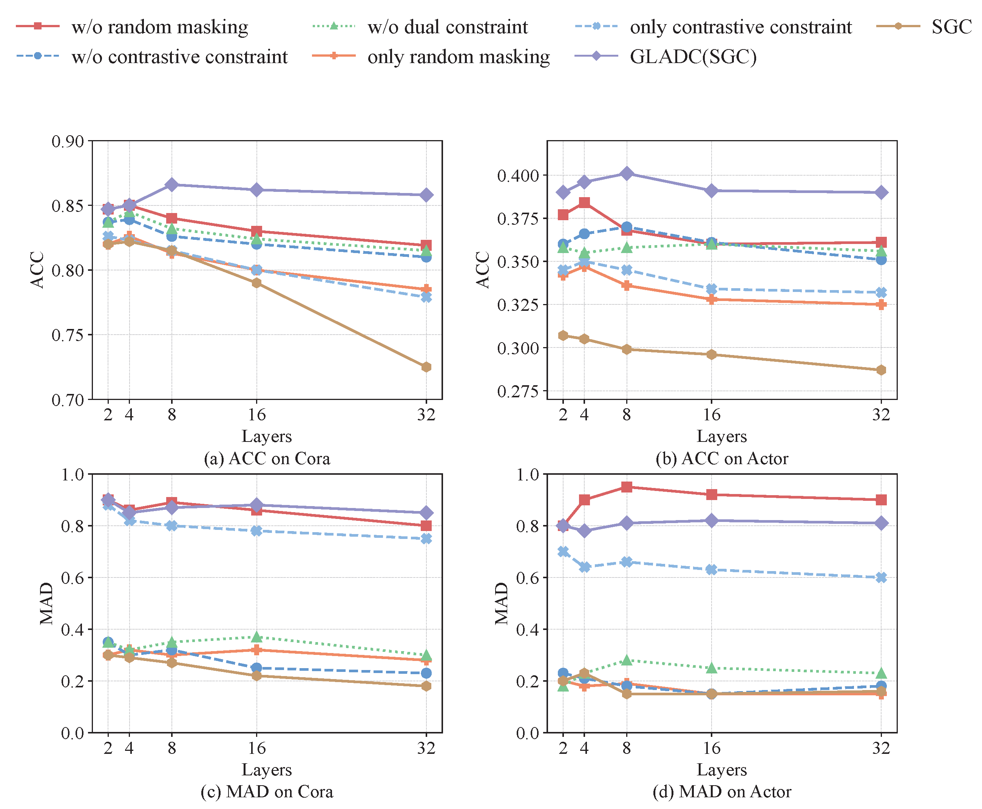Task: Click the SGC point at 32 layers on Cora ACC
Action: pos(426,367)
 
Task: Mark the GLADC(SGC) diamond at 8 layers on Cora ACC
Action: pos(171,185)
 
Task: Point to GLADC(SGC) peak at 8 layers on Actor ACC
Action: pos(626,173)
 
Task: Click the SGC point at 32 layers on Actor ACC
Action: pos(880,370)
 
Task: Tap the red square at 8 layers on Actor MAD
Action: pos(626,487)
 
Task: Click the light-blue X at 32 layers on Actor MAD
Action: pos(880,577)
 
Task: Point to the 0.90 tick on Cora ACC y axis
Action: pos(68,141)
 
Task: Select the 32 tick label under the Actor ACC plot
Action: pos(880,415)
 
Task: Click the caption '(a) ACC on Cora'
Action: pos(267,459)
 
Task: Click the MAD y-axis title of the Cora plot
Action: pos(46,603)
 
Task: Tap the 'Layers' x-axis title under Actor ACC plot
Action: pos(721,436)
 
